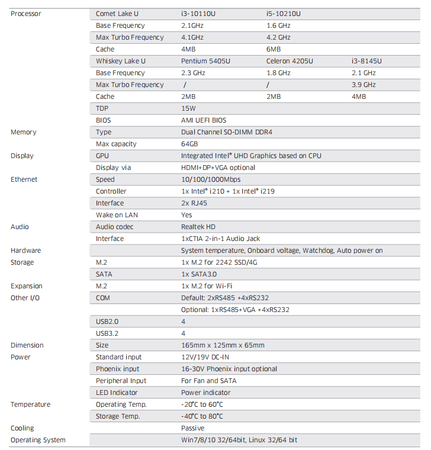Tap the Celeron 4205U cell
290,61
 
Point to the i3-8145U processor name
366,61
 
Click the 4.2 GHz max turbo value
278,37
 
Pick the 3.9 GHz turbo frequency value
364,85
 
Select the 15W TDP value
188,108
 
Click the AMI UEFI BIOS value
204,120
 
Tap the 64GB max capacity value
189,144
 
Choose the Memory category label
24,132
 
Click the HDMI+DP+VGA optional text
218,168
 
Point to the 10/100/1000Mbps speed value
211,179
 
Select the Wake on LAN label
117,215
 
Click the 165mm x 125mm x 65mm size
223,345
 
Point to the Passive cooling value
192,428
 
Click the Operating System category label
38,440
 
